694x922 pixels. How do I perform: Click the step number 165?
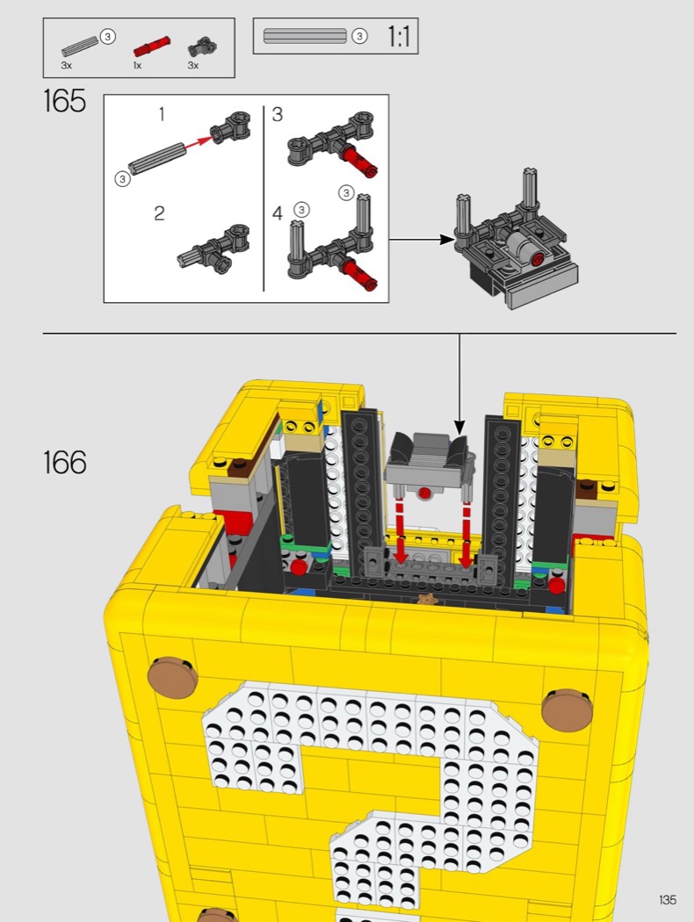65,101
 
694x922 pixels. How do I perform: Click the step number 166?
65,462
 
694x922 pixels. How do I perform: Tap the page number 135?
668,900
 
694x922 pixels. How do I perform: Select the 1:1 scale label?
398,37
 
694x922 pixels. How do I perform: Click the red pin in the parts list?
152,46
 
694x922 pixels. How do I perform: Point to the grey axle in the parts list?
80,47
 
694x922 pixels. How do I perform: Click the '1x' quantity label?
137,65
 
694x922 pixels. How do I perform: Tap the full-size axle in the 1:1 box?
305,37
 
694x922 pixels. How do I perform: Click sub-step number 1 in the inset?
162,114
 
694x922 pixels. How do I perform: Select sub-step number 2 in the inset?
159,212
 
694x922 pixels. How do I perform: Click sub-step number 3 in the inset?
278,114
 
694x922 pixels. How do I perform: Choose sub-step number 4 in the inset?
278,212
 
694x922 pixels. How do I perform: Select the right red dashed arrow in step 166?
466,534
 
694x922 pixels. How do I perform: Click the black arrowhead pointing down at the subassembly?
460,428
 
